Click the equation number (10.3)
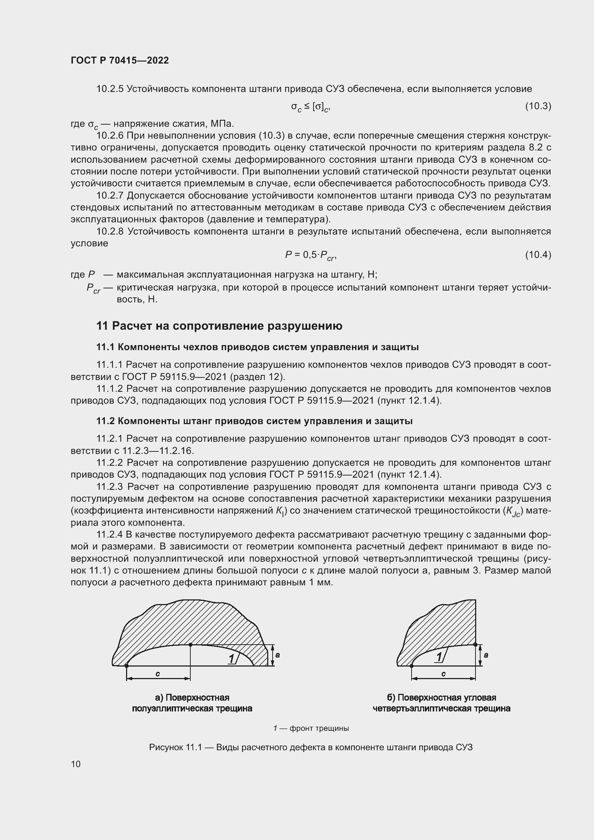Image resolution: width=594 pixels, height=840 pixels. click(538, 106)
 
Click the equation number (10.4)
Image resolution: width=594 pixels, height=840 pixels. click(538, 255)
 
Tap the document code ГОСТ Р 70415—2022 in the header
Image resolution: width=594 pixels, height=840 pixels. click(120, 60)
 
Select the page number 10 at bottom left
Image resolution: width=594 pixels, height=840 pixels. click(76, 764)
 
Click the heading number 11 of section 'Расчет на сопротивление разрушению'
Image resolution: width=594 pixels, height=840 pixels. click(102, 326)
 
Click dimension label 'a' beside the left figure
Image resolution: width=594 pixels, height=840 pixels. click(278, 655)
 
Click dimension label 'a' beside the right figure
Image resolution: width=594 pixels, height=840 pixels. click(486, 655)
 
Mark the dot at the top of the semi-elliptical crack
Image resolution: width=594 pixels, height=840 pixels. click(191, 645)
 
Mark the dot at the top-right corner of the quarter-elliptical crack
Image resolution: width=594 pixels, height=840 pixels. click(475, 644)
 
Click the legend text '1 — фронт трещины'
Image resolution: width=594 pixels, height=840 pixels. click(311, 728)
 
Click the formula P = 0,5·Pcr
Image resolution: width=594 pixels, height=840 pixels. click(310, 255)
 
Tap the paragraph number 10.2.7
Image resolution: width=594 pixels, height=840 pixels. click(110, 196)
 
